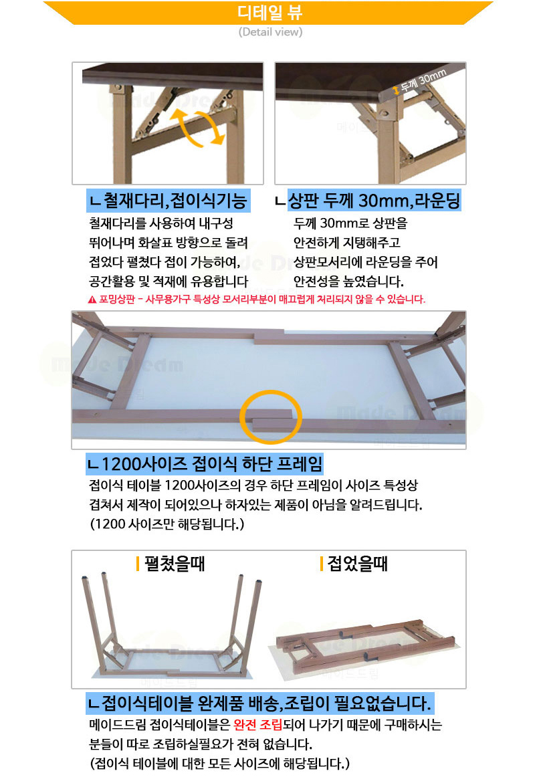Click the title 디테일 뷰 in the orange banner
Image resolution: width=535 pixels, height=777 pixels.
pyautogui.click(x=270, y=12)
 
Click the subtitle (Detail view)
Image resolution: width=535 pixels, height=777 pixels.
pyautogui.click(x=270, y=32)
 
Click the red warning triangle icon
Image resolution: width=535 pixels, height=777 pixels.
pyautogui.click(x=92, y=300)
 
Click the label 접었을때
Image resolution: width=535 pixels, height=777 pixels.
pyautogui.click(x=358, y=564)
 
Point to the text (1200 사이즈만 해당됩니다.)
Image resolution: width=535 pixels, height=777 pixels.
pyautogui.click(x=167, y=524)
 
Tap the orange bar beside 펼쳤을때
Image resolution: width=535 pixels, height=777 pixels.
pyautogui.click(x=137, y=564)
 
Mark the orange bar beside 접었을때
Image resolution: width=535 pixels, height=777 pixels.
pyautogui.click(x=322, y=564)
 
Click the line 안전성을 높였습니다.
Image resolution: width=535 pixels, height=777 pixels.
pyautogui.click(x=348, y=282)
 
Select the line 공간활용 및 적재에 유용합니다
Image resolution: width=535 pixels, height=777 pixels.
pyautogui.click(x=169, y=282)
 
